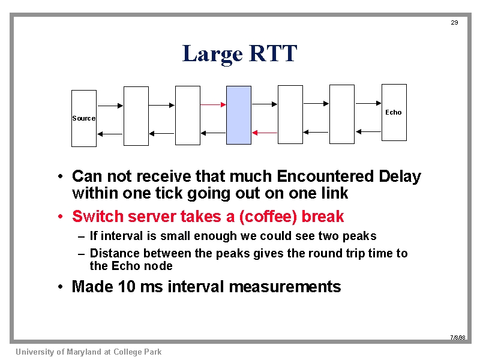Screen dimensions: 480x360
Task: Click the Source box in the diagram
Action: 84,118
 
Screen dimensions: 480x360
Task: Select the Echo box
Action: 394,112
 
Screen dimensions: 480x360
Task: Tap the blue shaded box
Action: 239,115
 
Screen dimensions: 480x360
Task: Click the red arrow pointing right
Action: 213,104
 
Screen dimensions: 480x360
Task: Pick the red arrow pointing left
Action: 265,133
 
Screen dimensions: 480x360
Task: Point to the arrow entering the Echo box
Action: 368,103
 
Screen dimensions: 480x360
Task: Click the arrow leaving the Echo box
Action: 368,131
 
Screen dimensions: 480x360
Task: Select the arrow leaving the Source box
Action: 110,106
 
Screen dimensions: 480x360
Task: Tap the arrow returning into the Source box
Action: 110,134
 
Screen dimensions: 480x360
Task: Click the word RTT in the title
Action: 273,53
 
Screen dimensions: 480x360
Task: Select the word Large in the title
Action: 212,55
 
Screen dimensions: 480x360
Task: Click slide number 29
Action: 454,22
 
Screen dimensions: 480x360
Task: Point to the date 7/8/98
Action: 458,337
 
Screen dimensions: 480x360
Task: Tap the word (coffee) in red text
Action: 268,217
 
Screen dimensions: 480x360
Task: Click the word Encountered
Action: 325,176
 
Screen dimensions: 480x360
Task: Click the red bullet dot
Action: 61,217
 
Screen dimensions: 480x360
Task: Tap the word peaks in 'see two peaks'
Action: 359,236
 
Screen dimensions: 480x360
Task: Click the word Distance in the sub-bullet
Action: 115,253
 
